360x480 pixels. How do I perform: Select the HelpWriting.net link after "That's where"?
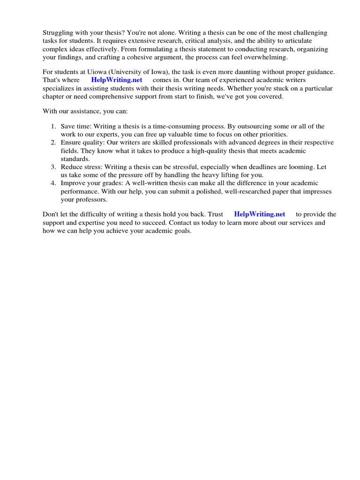(x=117, y=80)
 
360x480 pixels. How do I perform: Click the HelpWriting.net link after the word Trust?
(x=260, y=214)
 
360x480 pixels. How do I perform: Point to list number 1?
(x=53, y=127)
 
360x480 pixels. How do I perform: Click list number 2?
(x=53, y=142)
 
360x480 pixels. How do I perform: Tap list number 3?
(x=53, y=167)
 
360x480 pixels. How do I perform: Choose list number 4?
(x=53, y=183)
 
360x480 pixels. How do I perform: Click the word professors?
(x=92, y=199)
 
